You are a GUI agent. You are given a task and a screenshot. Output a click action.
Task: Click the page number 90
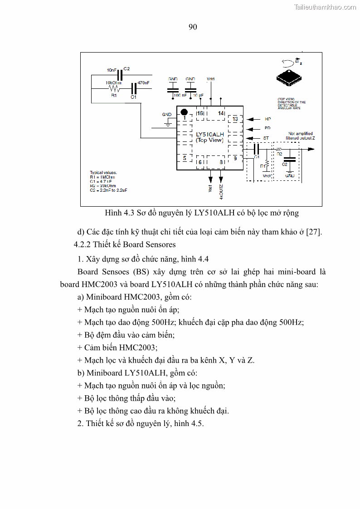(x=193, y=27)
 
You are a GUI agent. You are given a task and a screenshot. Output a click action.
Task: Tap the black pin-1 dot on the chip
(x=184, y=112)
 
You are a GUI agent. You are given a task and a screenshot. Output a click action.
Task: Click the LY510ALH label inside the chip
(x=209, y=135)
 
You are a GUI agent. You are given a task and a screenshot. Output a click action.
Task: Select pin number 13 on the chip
(x=235, y=119)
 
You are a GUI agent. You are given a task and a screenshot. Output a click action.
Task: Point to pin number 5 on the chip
(x=185, y=158)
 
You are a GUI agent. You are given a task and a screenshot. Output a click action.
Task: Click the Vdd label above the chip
(x=210, y=79)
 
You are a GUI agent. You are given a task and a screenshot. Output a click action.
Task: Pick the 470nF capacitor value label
(x=143, y=82)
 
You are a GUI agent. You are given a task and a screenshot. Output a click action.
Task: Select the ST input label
(x=266, y=138)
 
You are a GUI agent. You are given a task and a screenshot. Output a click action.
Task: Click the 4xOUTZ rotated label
(x=221, y=192)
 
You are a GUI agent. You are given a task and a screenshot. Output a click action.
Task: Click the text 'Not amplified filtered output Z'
(x=301, y=136)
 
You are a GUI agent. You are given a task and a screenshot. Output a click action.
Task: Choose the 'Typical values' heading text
(x=103, y=173)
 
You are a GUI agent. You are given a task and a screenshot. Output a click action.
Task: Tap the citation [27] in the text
(x=314, y=232)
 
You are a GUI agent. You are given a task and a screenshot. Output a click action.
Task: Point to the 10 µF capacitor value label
(x=198, y=96)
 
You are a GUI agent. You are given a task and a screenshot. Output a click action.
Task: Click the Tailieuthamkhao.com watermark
(x=325, y=7)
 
